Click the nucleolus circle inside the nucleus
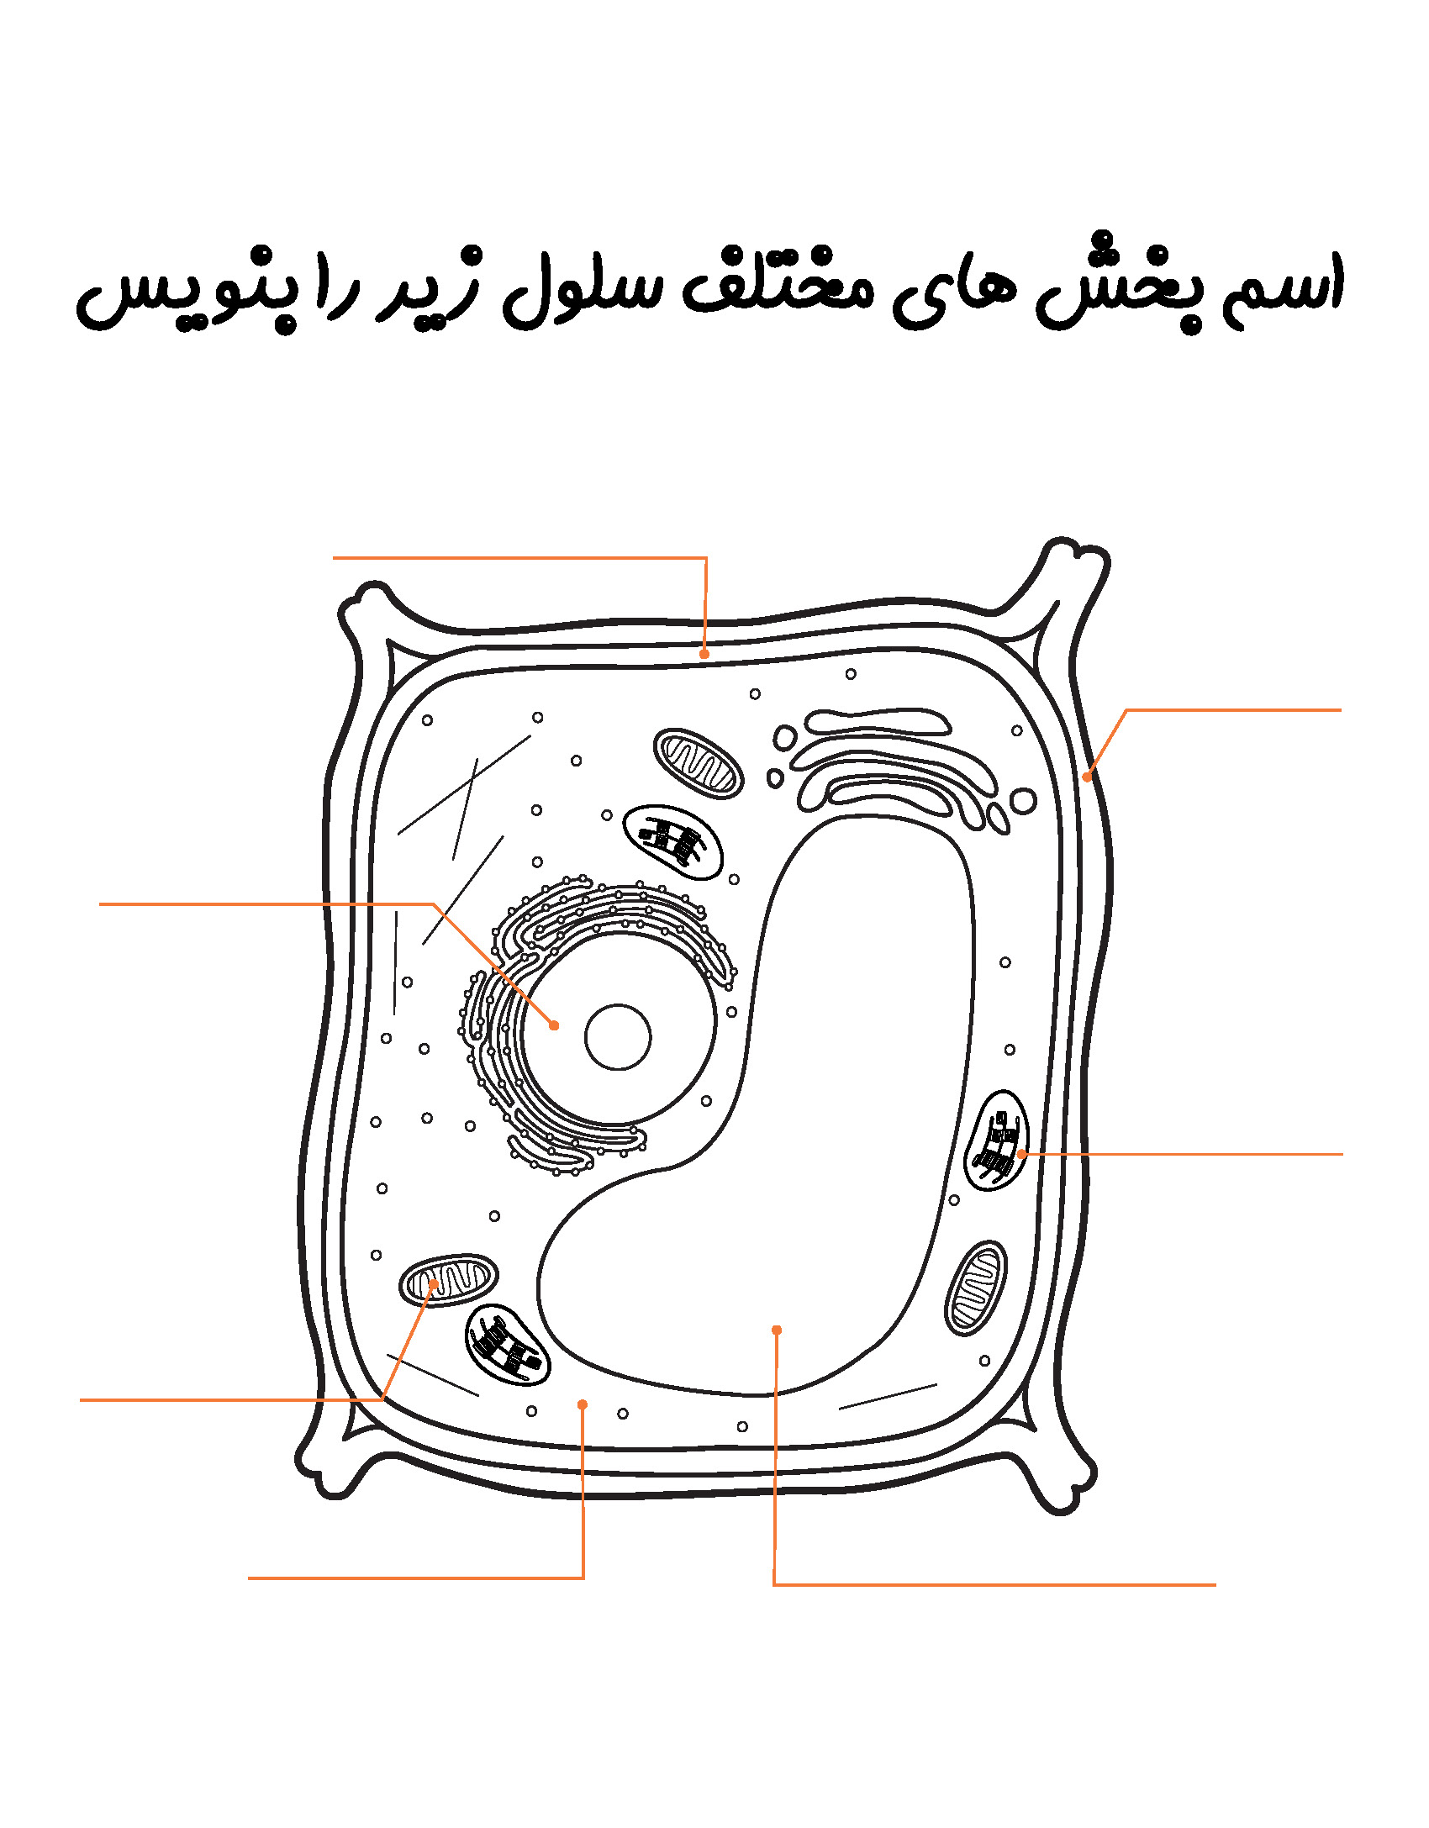click(x=618, y=1037)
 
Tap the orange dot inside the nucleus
click(x=554, y=1025)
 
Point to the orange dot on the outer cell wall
click(x=1087, y=777)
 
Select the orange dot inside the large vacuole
click(x=777, y=1330)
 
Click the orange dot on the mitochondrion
click(x=434, y=1284)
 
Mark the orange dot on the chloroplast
click(x=1021, y=1154)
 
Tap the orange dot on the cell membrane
click(x=704, y=654)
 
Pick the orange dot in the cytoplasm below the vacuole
click(x=583, y=1404)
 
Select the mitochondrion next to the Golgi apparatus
click(x=699, y=763)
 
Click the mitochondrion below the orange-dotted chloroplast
click(x=976, y=1287)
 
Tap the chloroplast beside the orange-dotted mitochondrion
click(x=507, y=1345)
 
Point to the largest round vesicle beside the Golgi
click(x=1023, y=801)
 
